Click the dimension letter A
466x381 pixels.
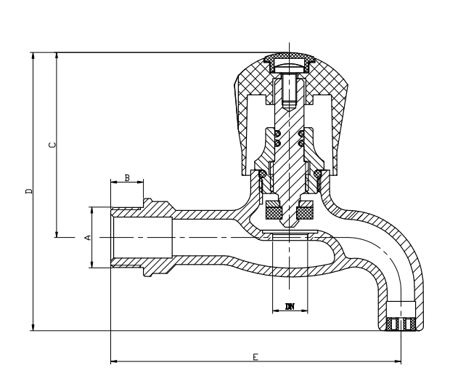pos(87,238)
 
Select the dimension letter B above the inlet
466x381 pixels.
pos(127,177)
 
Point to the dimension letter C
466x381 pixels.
pos(51,145)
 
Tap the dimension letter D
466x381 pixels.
pos(28,191)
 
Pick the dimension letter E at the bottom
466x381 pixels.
pos(255,356)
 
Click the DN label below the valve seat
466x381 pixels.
pos(290,308)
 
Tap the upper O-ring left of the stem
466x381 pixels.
pos(277,133)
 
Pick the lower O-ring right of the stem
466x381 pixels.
pos(301,143)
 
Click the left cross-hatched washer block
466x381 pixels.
pos(274,212)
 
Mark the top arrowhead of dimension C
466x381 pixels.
pos(57,55)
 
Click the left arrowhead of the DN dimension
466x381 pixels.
pos(274,312)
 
